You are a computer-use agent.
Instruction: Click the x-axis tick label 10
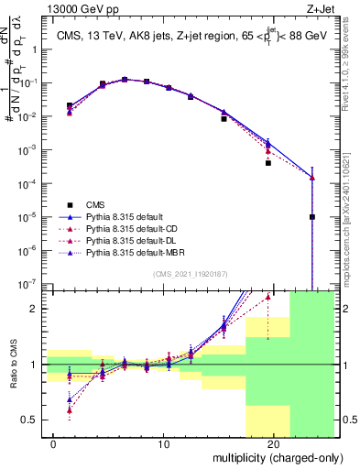[164, 444]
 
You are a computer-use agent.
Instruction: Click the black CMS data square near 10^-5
[312, 217]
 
